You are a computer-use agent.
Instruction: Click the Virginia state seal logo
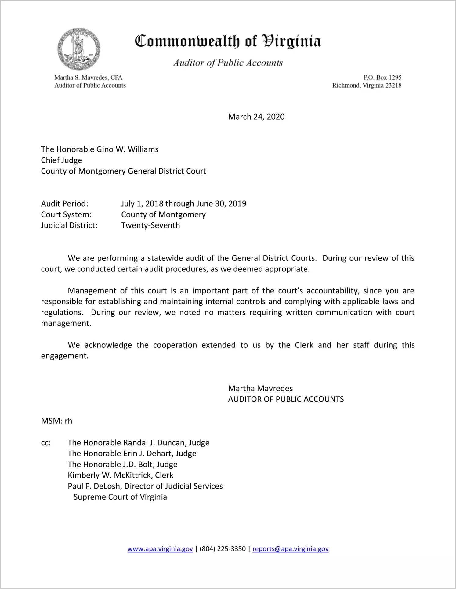click(x=79, y=49)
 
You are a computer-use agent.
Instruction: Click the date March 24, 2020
click(x=256, y=117)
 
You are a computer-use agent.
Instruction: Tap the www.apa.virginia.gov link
click(x=160, y=549)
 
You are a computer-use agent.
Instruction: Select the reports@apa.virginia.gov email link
click(x=290, y=549)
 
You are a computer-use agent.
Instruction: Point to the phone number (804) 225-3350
click(x=223, y=549)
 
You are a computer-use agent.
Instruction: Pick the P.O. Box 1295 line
click(x=382, y=77)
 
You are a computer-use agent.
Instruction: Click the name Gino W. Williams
click(x=127, y=149)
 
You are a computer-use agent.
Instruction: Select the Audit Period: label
click(x=65, y=204)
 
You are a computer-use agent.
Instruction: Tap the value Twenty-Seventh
click(x=150, y=225)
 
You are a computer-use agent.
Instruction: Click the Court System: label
click(x=66, y=215)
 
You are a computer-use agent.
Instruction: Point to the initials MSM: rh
click(x=56, y=421)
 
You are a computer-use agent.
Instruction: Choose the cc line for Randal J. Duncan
click(x=139, y=443)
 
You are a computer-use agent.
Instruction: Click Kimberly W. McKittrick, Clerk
click(x=121, y=475)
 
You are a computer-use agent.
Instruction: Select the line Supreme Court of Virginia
click(x=120, y=497)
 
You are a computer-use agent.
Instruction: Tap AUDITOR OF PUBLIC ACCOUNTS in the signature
click(x=286, y=399)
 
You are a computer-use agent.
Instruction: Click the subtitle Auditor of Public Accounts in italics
click(x=228, y=63)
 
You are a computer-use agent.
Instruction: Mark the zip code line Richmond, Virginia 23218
click(x=367, y=85)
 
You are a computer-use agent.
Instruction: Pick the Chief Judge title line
click(x=62, y=160)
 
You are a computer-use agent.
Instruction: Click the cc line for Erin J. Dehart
click(x=132, y=454)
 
